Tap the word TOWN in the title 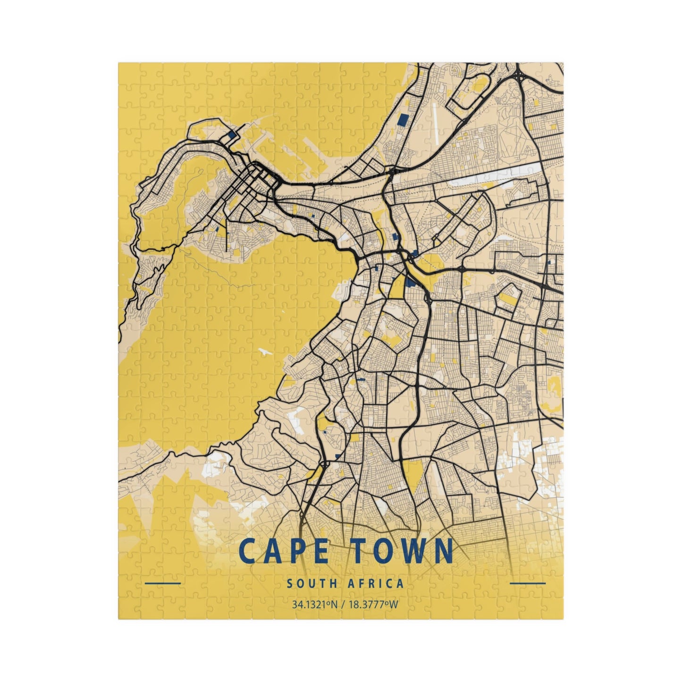tap(398, 550)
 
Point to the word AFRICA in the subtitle tap(376, 583)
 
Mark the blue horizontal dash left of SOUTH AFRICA tap(163, 583)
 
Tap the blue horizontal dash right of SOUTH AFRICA tap(528, 583)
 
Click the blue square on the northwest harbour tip tap(231, 135)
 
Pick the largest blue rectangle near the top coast tap(403, 120)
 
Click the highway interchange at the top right tap(519, 76)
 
